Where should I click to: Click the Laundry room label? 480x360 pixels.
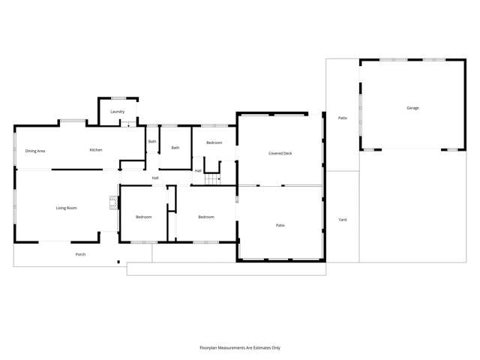click(117, 112)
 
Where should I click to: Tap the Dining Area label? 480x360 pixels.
click(35, 151)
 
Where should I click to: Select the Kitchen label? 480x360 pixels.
click(96, 150)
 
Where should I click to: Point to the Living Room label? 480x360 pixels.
click(67, 208)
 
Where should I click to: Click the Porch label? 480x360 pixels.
click(80, 254)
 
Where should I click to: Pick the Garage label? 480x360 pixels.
click(412, 108)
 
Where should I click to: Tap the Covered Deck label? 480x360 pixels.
click(280, 153)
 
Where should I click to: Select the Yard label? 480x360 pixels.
click(342, 220)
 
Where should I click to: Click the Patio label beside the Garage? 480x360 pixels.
click(342, 118)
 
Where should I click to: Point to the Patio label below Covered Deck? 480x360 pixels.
click(280, 225)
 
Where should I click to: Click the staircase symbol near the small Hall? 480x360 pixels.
click(212, 178)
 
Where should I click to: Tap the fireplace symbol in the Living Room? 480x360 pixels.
click(113, 202)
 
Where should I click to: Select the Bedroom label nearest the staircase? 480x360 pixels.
click(214, 142)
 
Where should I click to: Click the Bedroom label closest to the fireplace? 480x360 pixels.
click(143, 217)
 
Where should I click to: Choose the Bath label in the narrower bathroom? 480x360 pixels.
click(152, 141)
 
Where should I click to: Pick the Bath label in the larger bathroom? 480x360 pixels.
click(175, 148)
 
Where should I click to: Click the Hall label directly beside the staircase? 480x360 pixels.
click(198, 171)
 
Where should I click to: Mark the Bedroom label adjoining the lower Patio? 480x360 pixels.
click(205, 217)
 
